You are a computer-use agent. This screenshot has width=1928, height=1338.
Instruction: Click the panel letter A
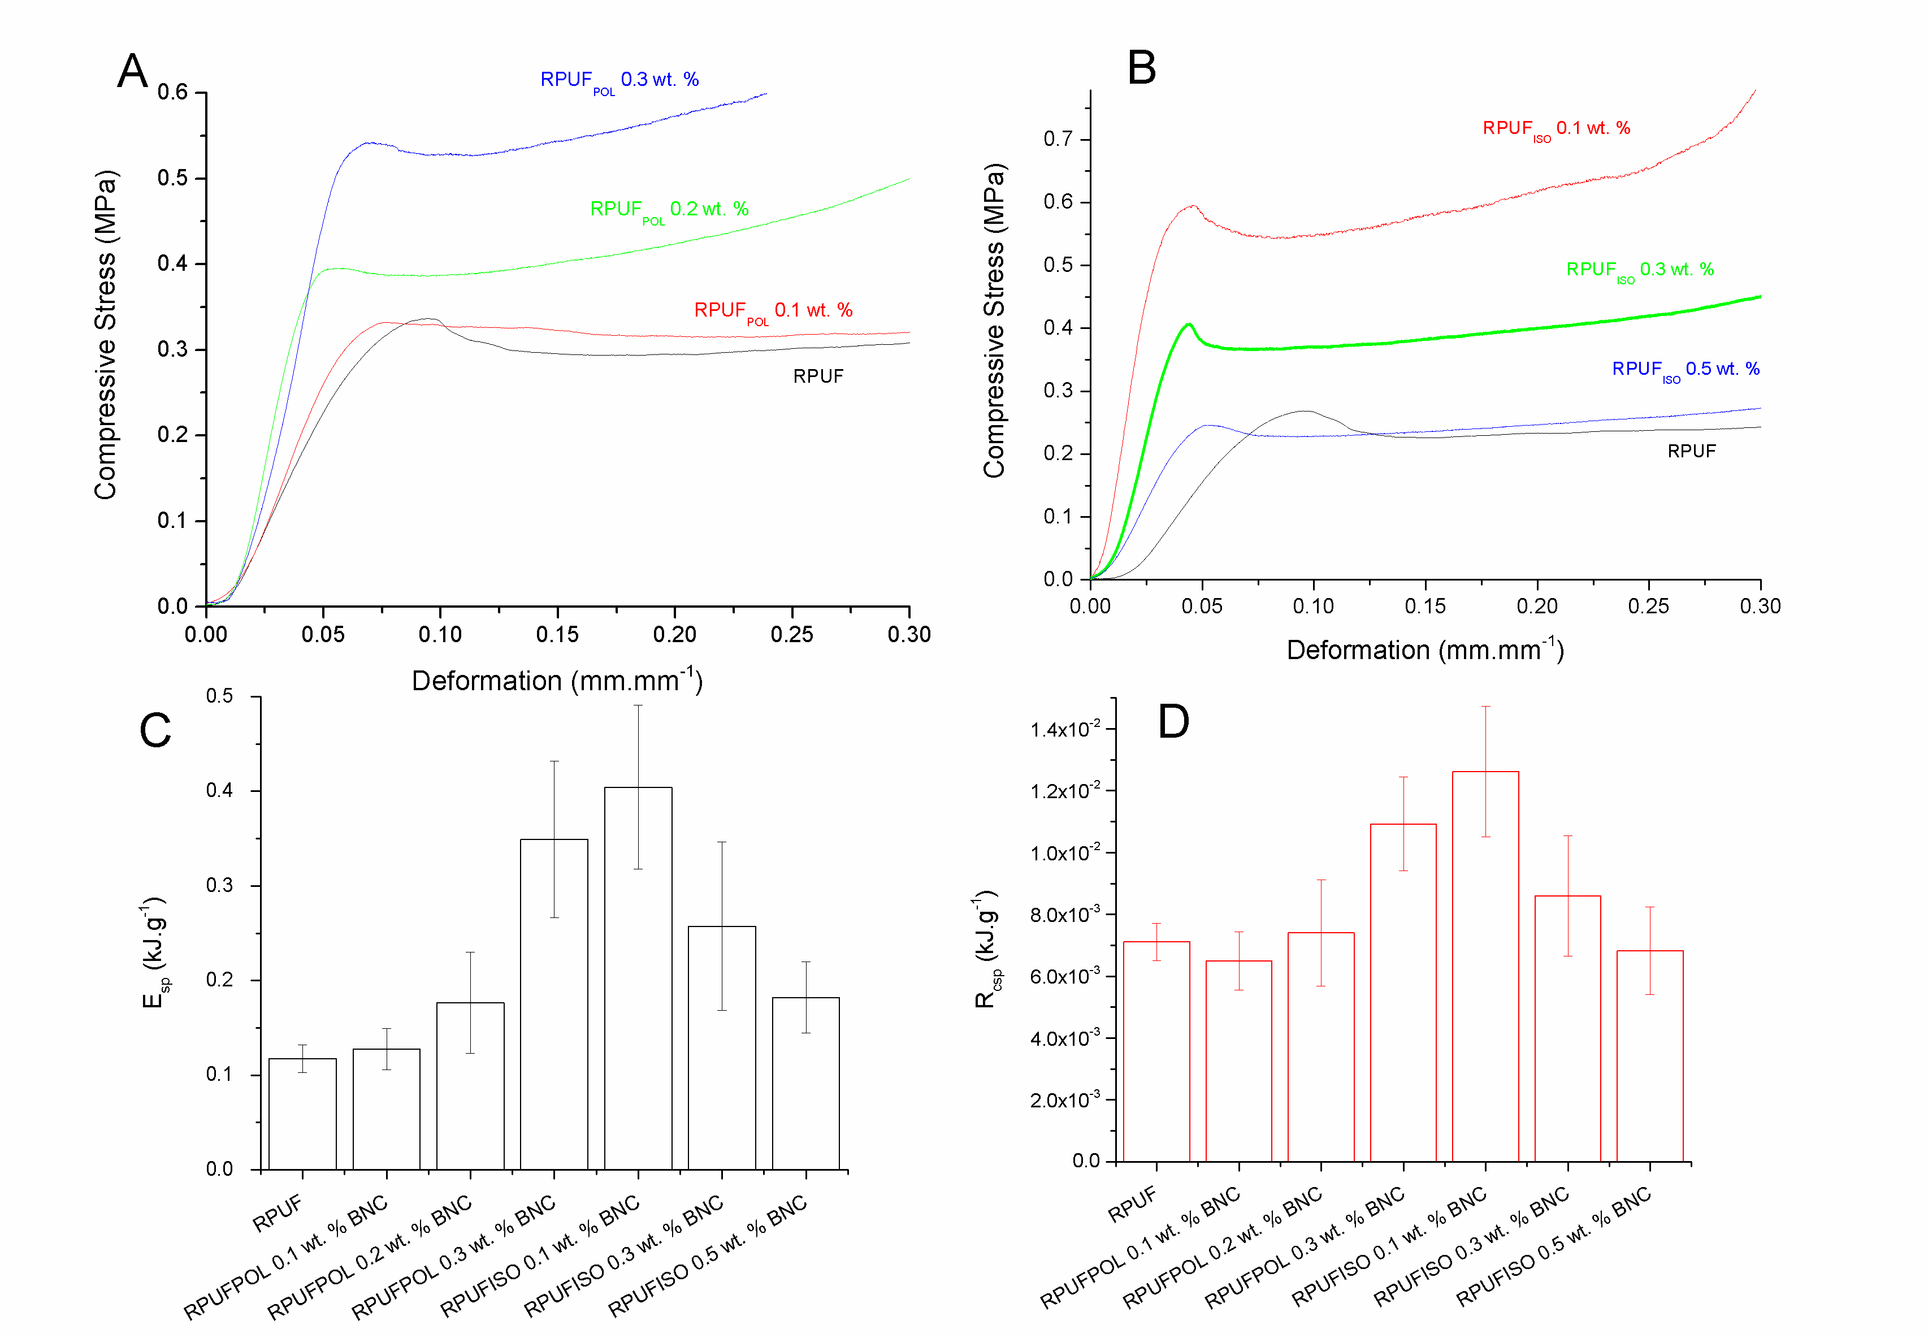pos(132,71)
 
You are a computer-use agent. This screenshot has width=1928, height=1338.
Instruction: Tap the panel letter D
pos(1173,721)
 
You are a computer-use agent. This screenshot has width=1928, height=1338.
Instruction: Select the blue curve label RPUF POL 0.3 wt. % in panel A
pos(619,80)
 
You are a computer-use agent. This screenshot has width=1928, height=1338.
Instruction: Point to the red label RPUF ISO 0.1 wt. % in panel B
pos(1556,129)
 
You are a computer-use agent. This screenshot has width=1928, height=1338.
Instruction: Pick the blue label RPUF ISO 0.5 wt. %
pos(1685,370)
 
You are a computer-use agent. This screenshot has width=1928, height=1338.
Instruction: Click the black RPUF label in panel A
pos(818,376)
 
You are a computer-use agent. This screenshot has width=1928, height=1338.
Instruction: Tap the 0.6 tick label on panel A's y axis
pos(173,92)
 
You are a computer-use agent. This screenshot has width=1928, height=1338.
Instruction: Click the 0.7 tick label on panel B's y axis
pos(1058,139)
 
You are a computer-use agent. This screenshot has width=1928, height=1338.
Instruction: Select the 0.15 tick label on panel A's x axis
pos(557,635)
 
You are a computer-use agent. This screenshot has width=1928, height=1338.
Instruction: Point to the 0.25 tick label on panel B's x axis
pos(1648,606)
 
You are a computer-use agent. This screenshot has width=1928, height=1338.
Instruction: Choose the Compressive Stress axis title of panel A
pos(106,335)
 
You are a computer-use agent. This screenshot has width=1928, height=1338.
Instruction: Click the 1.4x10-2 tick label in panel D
pos(1062,729)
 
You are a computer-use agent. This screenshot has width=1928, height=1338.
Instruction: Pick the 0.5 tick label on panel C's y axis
pos(220,696)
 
